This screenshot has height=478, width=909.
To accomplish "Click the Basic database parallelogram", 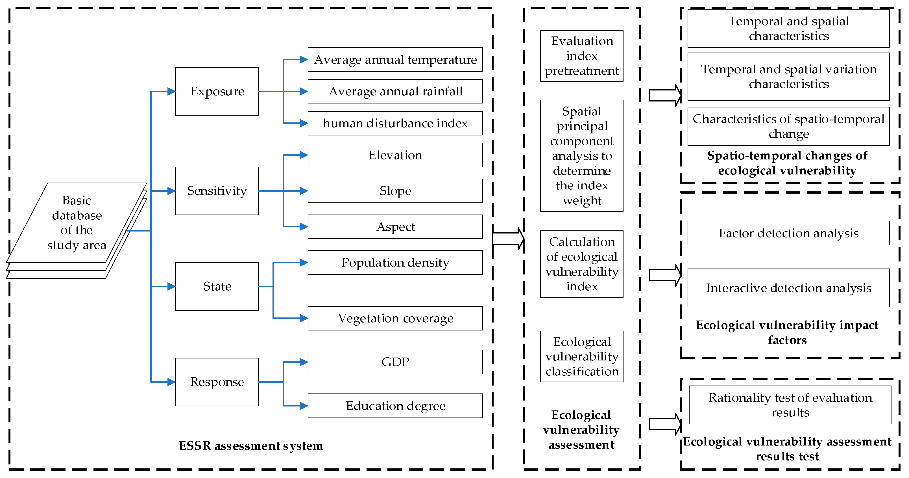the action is tap(77, 222).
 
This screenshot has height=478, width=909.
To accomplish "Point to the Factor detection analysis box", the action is tap(788, 233).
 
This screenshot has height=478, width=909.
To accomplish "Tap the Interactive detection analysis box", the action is tap(788, 288).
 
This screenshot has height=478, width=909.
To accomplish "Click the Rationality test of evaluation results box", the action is tap(790, 405).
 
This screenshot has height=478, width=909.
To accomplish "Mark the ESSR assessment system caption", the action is tap(250, 445).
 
